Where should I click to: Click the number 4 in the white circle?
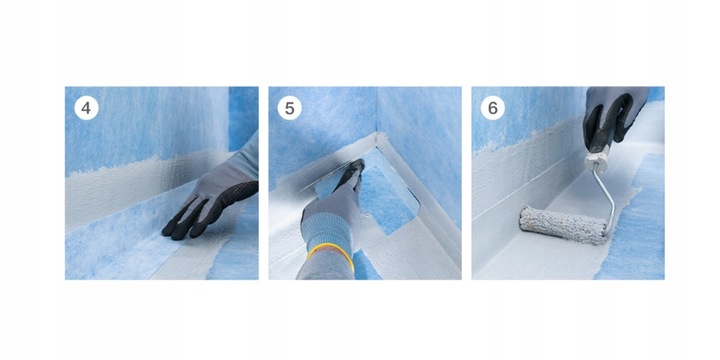coord(86,108)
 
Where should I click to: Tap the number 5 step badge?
coord(289,108)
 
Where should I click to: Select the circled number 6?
coord(493,108)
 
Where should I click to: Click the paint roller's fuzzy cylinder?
coord(563,225)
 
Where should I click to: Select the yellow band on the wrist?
coord(332,255)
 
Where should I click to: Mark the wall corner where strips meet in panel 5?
coord(378,135)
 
